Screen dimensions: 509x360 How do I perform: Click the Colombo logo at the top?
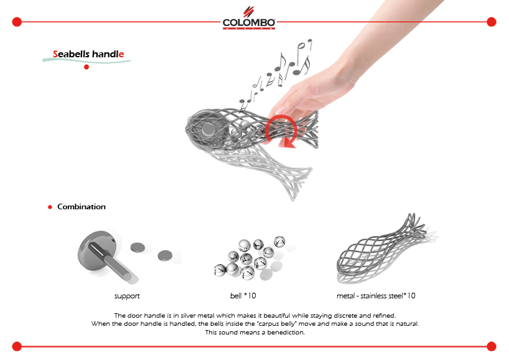click(249, 19)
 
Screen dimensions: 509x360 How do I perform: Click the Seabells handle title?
click(88, 54)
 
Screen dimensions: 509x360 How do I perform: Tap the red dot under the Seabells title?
click(86, 67)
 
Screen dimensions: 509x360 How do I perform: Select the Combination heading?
click(82, 207)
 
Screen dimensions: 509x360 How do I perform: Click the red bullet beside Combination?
click(50, 207)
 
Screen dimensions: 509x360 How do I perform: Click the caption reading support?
click(127, 296)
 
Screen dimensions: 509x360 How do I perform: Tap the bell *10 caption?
click(243, 296)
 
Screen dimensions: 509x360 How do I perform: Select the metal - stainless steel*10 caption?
click(376, 296)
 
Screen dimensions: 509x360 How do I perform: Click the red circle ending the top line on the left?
click(17, 22)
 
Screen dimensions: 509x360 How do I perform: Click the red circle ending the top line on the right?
click(492, 22)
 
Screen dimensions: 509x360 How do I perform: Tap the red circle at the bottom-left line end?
click(17, 346)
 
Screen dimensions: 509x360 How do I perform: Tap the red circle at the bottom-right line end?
click(492, 346)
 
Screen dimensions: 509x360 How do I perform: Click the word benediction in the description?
click(286, 333)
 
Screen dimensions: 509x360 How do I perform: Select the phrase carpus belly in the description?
click(278, 324)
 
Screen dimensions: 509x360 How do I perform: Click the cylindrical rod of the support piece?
click(110, 262)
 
